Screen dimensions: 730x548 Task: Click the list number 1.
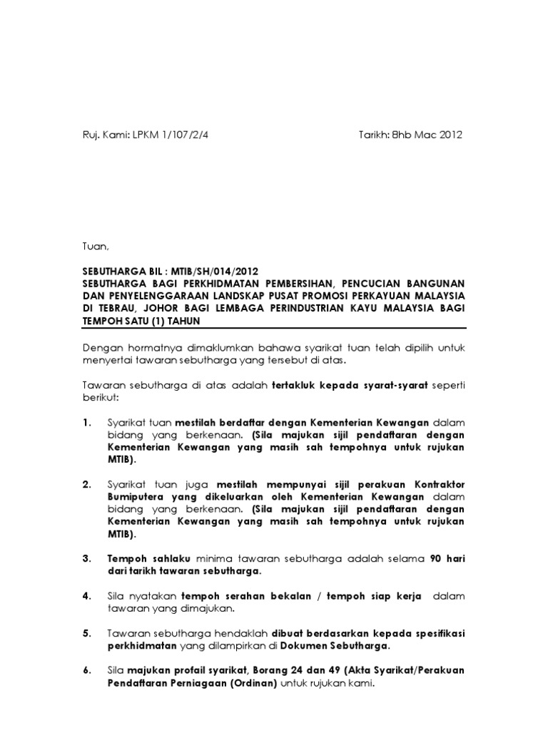[87, 423]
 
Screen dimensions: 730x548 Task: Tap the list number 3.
[87, 558]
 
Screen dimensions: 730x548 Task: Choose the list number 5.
[87, 633]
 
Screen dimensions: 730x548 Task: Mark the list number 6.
[87, 671]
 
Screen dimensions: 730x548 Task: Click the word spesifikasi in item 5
[432, 633]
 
